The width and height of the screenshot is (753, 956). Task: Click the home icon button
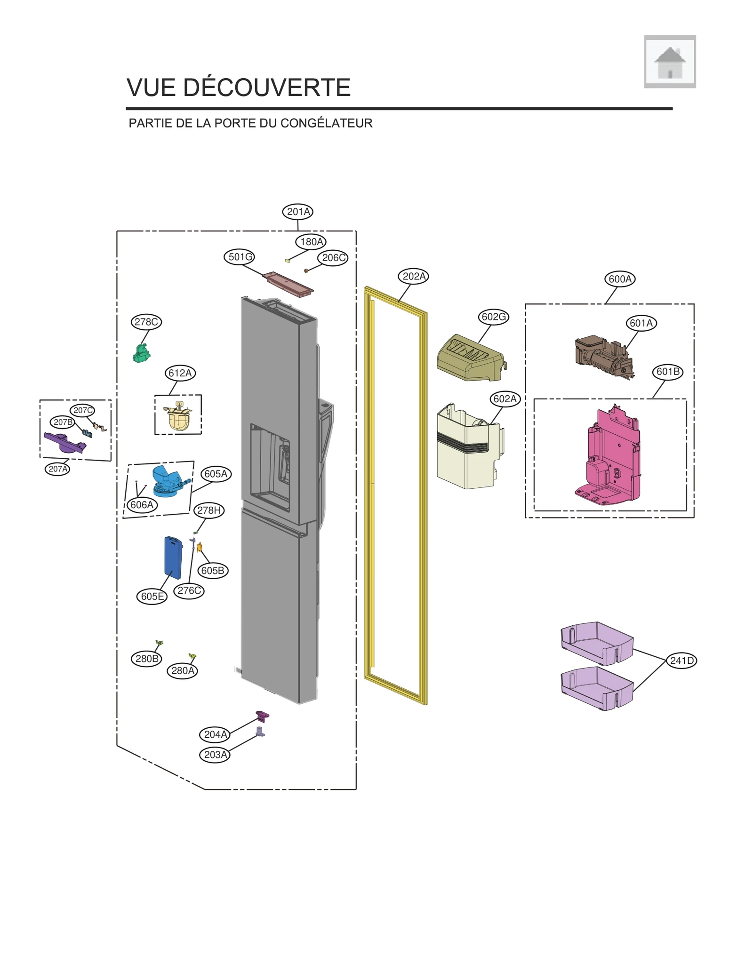pyautogui.click(x=669, y=62)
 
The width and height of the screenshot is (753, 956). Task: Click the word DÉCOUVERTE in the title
pyautogui.click(x=266, y=88)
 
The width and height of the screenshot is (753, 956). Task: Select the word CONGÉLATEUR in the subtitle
pyautogui.click(x=326, y=123)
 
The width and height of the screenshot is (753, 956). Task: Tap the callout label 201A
pyautogui.click(x=298, y=212)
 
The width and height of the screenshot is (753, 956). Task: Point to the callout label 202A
pyautogui.click(x=414, y=276)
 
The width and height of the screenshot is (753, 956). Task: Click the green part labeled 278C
pyautogui.click(x=141, y=353)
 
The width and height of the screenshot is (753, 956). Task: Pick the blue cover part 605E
pyautogui.click(x=173, y=557)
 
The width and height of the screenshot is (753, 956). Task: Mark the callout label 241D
pyautogui.click(x=681, y=661)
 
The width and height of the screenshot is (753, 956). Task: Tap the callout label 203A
pyautogui.click(x=215, y=755)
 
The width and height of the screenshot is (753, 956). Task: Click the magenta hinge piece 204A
pyautogui.click(x=262, y=717)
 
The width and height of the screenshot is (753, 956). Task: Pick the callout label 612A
pyautogui.click(x=180, y=373)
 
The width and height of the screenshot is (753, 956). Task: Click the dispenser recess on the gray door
pyautogui.click(x=270, y=466)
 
